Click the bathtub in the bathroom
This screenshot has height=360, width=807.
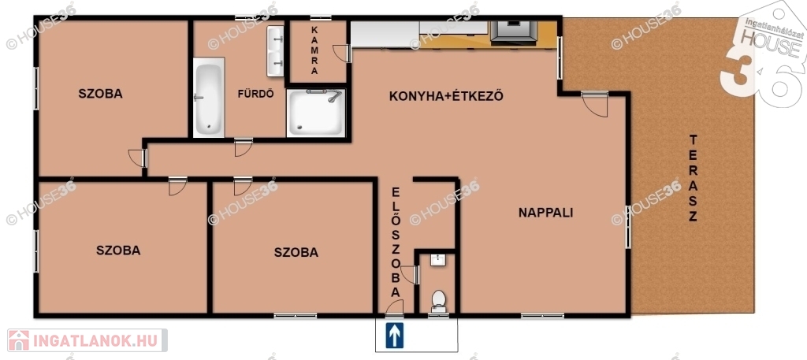[209, 97]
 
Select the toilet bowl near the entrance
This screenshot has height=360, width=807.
[438, 301]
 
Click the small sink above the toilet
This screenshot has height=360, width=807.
[438, 260]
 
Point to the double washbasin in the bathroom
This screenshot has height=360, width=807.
[275, 51]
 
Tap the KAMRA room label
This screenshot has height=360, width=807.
[314, 50]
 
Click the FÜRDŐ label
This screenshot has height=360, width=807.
[255, 94]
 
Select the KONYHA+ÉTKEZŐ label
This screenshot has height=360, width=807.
[446, 96]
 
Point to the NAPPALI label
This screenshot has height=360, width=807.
[545, 213]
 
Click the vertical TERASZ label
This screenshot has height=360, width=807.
[693, 178]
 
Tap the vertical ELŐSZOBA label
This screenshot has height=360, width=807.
[396, 242]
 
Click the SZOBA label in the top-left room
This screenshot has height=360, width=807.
[100, 94]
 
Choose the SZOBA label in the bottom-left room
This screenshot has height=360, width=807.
[118, 251]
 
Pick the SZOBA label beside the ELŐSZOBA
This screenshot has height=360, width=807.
[296, 253]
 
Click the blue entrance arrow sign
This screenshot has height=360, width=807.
[395, 336]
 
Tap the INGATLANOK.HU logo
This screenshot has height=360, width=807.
[87, 340]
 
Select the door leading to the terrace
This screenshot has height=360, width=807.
[595, 104]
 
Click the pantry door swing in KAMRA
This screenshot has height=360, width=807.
[341, 54]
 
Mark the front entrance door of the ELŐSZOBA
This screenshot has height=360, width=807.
[396, 307]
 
